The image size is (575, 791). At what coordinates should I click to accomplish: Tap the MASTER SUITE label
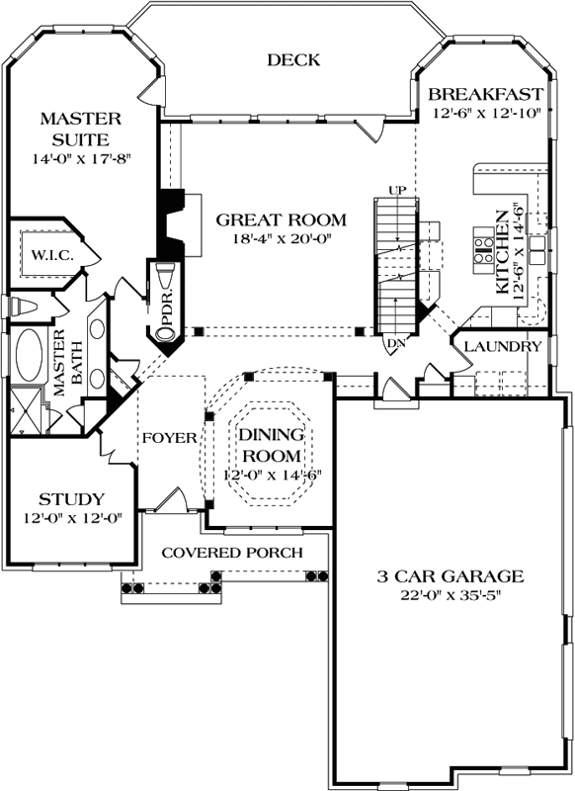coord(81,129)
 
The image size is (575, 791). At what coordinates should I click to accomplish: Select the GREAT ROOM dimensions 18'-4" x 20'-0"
coord(282,238)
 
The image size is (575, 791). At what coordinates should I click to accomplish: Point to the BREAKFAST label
coord(486,94)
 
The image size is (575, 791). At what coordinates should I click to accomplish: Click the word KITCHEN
coord(502,252)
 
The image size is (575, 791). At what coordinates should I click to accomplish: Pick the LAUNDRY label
coord(503,347)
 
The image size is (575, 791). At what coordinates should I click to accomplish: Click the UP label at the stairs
coord(397,190)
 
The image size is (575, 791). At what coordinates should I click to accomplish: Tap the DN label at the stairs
coord(395,343)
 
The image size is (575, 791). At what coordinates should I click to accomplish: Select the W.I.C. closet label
coord(53,255)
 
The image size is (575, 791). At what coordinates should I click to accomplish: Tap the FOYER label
coord(169,437)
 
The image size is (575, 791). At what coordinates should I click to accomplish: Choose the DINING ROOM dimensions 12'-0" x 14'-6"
coord(273,476)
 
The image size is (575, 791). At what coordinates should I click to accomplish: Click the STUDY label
coord(72,499)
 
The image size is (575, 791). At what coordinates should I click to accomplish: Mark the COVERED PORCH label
coord(232,553)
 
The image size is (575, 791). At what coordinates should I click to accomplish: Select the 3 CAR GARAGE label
coord(451,575)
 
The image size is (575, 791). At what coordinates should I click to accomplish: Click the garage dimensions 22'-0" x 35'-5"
coord(452,595)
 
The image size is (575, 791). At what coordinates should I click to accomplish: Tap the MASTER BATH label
coord(67,362)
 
